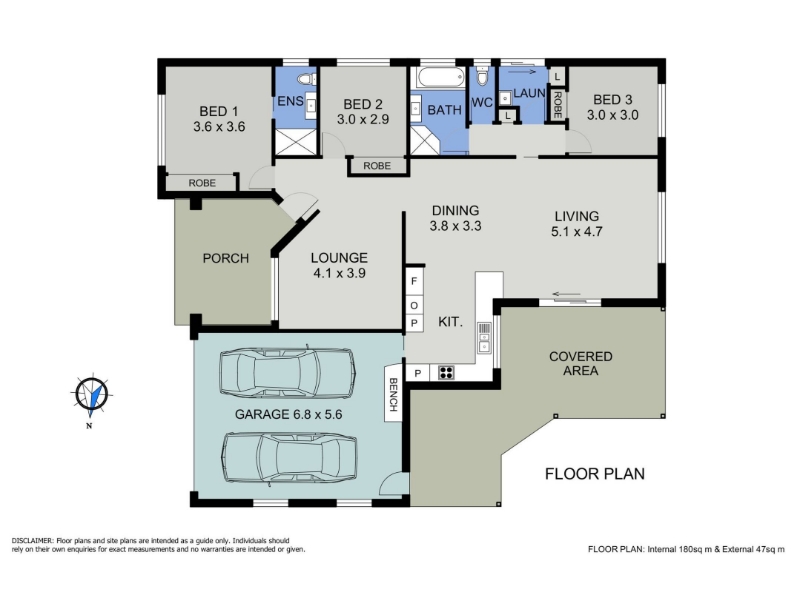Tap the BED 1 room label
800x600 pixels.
point(218,111)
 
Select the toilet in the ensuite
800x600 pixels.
point(307,79)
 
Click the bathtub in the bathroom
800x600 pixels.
point(441,78)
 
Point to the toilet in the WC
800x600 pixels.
point(482,77)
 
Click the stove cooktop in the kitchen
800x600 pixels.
point(446,372)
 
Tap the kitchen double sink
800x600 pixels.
point(484,338)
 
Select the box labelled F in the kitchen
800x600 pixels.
point(414,281)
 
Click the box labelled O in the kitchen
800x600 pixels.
point(414,306)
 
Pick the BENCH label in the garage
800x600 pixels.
point(393,394)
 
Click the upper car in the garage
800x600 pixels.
point(287,372)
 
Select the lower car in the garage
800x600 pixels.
point(290,458)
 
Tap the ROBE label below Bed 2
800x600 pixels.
point(377,166)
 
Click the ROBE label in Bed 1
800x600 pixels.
point(202,183)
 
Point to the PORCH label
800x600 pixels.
point(226,258)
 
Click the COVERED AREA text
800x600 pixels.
point(581,363)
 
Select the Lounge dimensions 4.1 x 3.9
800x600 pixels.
point(339,273)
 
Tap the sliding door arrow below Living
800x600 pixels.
point(566,294)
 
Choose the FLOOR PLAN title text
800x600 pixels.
point(595,474)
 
